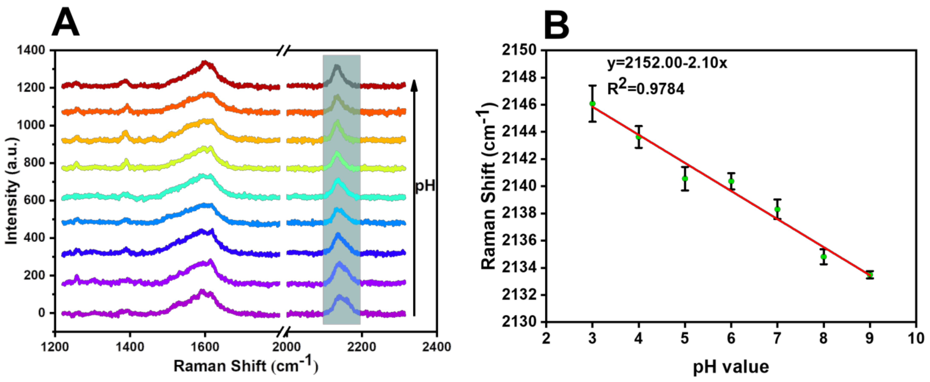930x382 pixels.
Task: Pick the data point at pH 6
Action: pos(731,181)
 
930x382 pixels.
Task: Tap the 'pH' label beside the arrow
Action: pos(425,186)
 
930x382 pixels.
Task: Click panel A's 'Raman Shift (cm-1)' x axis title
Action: pos(246,366)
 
